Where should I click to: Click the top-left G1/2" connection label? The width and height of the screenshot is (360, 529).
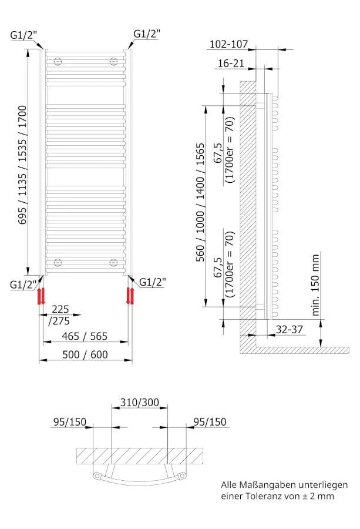coord(23,35)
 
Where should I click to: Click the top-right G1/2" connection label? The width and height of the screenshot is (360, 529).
coord(147,34)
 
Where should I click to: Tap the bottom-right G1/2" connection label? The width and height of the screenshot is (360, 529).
coord(152,282)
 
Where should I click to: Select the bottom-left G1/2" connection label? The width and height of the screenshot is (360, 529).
coord(23,284)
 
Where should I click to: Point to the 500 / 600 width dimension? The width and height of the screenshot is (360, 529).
coord(85,354)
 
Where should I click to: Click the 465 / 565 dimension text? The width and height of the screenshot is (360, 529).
coord(84,336)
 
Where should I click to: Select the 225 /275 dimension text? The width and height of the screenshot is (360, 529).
coord(59,315)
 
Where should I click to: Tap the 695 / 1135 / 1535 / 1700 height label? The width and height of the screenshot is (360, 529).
coord(22,165)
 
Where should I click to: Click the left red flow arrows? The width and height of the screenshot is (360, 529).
coord(41,296)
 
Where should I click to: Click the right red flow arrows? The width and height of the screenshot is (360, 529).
coord(130,296)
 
